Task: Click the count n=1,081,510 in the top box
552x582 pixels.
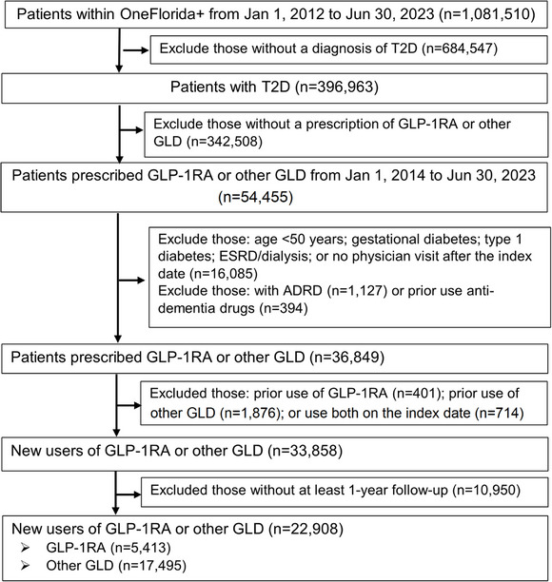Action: (487, 14)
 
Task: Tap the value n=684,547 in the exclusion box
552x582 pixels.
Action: (459, 48)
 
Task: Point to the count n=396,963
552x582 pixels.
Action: (337, 87)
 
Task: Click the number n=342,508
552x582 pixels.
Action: (225, 142)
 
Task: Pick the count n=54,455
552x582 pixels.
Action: (256, 197)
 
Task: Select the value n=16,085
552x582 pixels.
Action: (224, 274)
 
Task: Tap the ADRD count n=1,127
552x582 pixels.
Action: (358, 291)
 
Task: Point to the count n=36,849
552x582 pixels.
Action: (349, 357)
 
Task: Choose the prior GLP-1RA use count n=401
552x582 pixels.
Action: (417, 394)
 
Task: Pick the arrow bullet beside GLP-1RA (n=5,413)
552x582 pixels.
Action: (25, 548)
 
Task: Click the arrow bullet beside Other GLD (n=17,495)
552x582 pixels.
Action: (25, 566)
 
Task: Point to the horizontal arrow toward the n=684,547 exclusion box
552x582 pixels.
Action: (136, 49)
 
